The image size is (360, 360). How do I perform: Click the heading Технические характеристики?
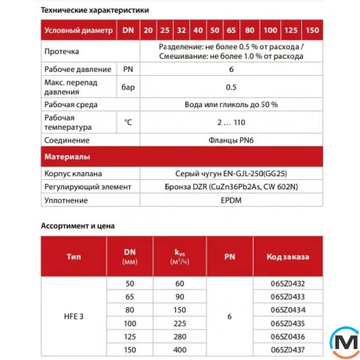[x=95, y=9]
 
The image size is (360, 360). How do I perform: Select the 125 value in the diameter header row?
[x=291, y=30]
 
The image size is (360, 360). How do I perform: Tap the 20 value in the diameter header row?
[x=149, y=30]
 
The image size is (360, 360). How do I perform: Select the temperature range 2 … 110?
[x=231, y=122]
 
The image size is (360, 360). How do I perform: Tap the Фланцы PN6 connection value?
[x=231, y=141]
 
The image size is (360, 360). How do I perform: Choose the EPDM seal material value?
[x=231, y=201]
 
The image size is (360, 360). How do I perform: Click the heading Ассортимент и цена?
[x=77, y=226]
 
